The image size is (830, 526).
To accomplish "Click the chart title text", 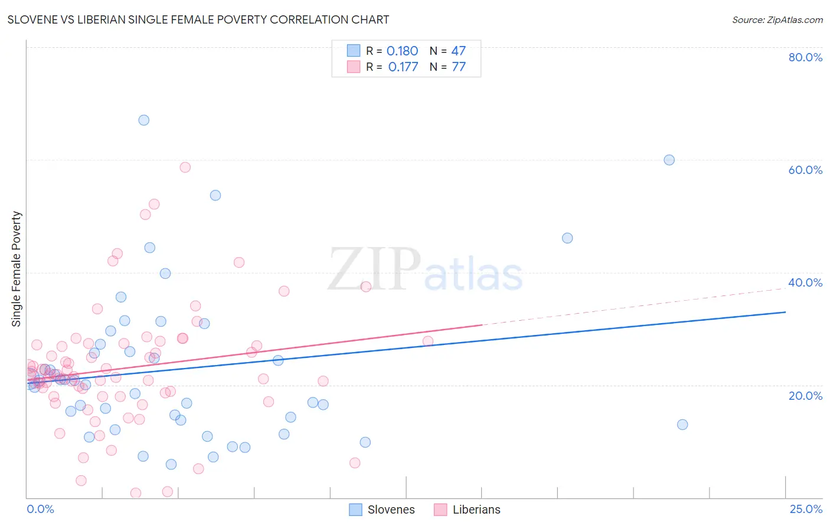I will point(198,19).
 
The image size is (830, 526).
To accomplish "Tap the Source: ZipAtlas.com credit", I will point(777,19).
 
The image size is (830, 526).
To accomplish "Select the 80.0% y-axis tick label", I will point(805,57).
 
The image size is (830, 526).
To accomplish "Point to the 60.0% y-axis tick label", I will point(805,170).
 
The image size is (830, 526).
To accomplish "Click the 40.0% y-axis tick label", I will point(805,282).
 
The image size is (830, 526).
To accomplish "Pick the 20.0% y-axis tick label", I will point(805,396).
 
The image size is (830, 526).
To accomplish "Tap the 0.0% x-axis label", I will point(40,509).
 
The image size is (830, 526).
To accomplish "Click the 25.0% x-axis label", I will point(806,509).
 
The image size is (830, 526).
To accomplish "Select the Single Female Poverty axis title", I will point(17,269).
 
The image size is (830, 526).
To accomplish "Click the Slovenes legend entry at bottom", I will point(382,509).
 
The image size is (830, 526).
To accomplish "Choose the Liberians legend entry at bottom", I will point(467,509).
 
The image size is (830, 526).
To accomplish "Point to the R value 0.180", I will point(402,51).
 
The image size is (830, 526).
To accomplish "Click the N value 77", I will point(459,67).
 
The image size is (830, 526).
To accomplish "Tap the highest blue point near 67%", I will point(143,120).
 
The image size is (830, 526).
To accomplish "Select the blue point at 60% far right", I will point(669,160).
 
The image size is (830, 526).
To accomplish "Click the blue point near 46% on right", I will point(567,238).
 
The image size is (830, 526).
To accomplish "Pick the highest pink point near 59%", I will point(185,167).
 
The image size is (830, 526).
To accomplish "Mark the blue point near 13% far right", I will point(682,425).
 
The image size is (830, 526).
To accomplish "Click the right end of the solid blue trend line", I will point(785,312).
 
